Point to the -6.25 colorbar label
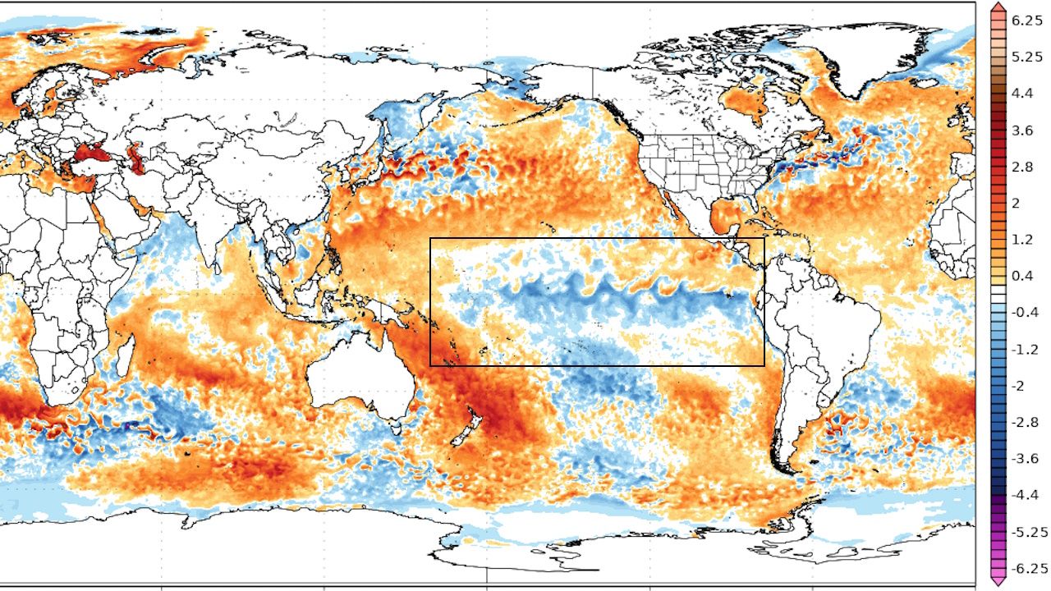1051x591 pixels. point(1029,568)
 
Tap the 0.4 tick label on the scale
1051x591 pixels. point(1022,276)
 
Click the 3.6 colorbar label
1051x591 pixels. point(1022,131)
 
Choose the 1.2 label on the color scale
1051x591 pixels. point(1022,239)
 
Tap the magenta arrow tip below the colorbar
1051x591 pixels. point(998,582)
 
